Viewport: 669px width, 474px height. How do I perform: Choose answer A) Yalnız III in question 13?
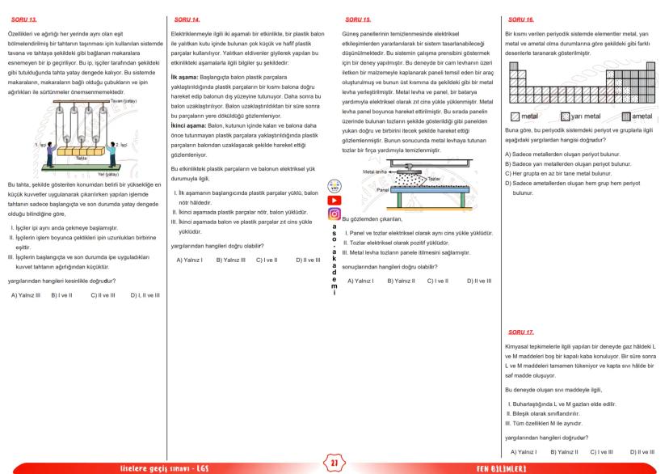[x=26, y=294]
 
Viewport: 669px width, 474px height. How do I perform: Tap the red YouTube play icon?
[x=334, y=200]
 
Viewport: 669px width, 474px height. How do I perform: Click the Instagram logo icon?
[x=334, y=214]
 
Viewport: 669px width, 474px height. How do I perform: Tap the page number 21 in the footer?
[x=334, y=463]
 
